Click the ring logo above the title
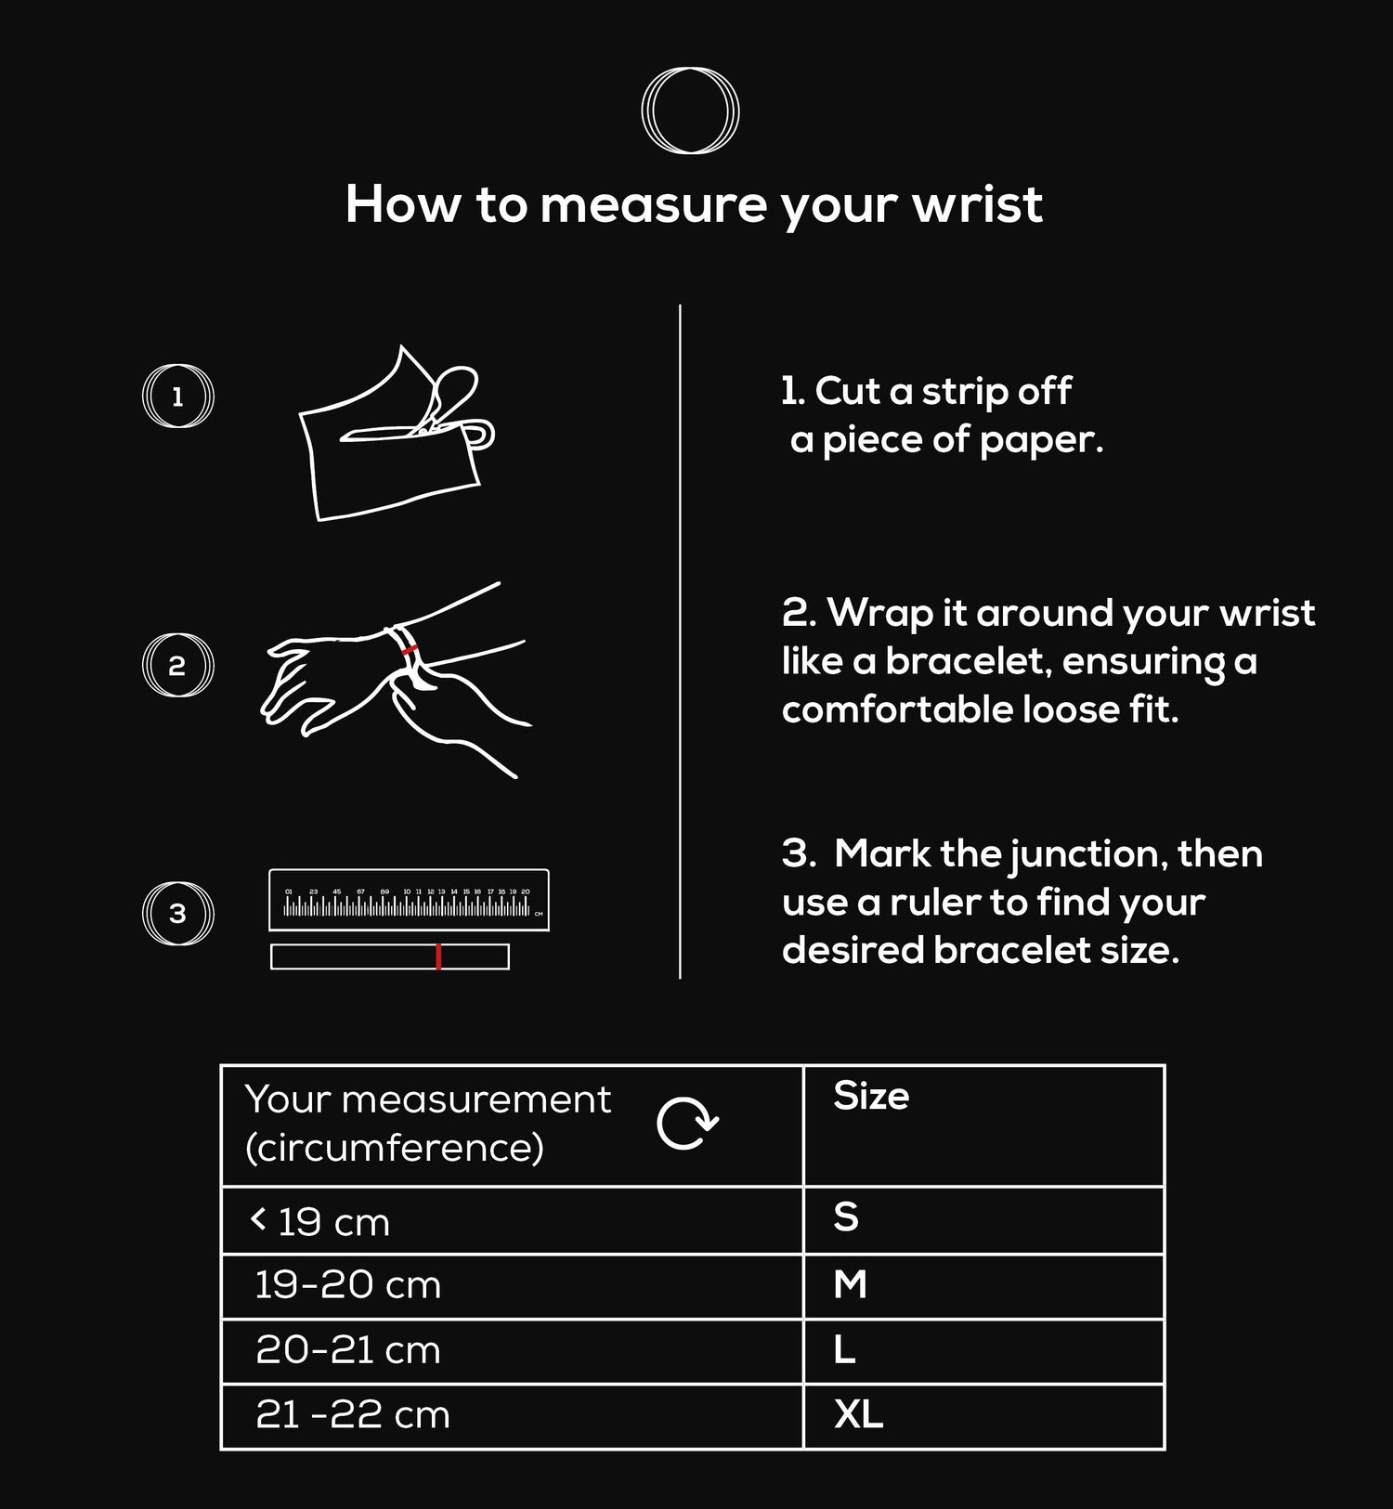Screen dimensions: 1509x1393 pos(690,111)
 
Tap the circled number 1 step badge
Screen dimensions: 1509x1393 pos(177,397)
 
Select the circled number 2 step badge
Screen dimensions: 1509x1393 pos(177,666)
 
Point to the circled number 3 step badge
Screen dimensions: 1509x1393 pos(177,914)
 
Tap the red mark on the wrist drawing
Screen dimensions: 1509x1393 pos(410,649)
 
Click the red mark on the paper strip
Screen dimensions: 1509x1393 pos(438,956)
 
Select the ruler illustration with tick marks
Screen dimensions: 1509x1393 pos(409,900)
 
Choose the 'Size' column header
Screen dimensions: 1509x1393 pos(871,1096)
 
